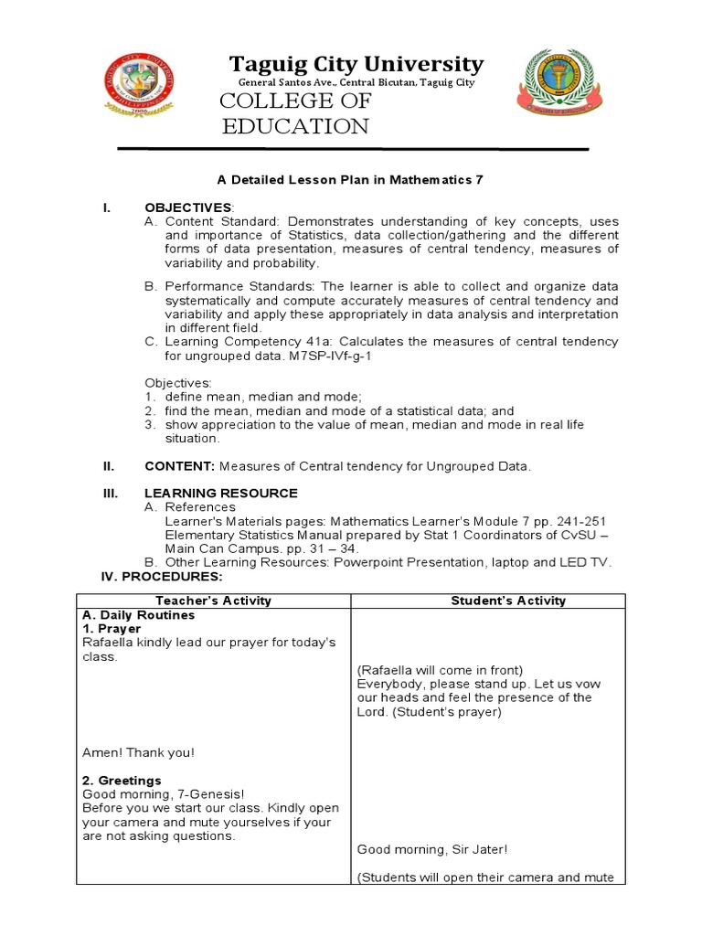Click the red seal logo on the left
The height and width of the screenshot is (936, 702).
(139, 83)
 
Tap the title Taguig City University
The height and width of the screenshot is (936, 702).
(356, 64)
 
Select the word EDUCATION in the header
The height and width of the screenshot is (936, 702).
(295, 126)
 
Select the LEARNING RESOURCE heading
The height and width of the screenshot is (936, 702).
(220, 493)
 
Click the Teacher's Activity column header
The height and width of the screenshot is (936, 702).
(213, 601)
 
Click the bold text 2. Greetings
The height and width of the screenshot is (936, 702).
(122, 781)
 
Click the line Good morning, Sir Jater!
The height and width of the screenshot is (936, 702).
(431, 849)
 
